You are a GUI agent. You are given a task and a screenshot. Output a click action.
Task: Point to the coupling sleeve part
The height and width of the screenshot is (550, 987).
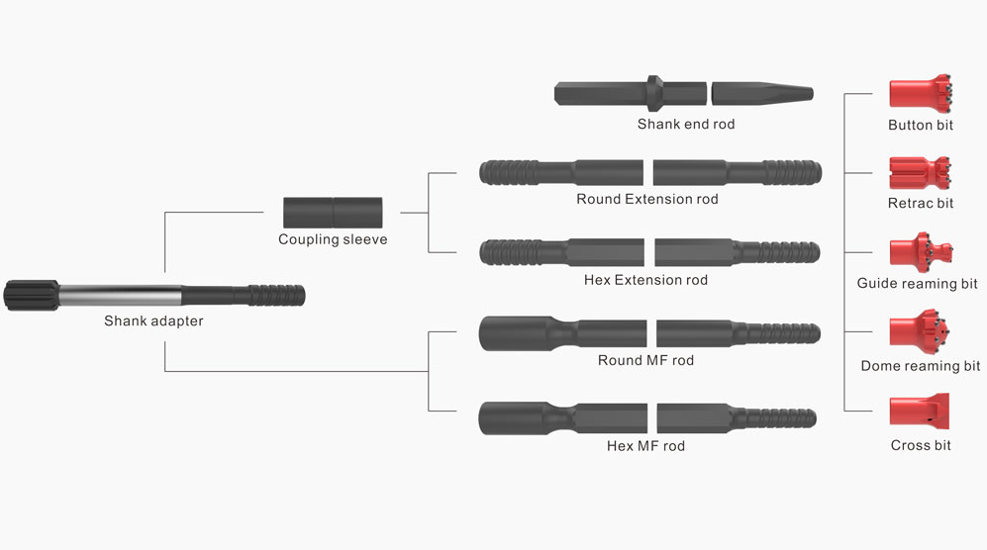pos(333,212)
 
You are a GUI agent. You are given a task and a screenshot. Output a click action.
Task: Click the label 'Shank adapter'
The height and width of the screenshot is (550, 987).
pos(153,321)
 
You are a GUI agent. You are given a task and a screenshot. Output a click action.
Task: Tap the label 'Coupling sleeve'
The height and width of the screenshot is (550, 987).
pos(333,240)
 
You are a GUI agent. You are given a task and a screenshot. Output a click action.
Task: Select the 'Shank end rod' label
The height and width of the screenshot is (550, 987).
pos(685,125)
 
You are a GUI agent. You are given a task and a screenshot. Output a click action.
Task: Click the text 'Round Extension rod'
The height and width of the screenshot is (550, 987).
pos(647,200)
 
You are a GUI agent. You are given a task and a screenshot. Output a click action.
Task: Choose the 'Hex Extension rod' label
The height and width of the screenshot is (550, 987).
pos(645,280)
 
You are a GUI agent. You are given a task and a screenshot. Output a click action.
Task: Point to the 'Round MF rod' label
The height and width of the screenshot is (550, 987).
pos(645,360)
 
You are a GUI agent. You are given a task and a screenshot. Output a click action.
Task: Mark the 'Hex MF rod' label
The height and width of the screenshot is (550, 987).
pos(645,445)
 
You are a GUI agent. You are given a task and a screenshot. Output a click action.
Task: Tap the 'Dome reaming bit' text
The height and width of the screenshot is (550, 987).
pos(921,366)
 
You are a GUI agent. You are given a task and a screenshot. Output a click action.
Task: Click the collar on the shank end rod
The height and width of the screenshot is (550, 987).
pos(655,92)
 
